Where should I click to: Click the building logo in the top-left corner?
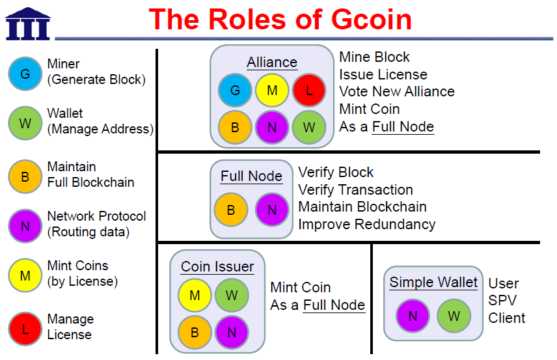27,23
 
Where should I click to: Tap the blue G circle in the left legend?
25,73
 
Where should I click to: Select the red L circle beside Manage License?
25,328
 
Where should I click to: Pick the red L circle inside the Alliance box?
309,90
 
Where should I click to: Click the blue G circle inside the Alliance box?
235,90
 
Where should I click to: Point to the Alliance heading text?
272,62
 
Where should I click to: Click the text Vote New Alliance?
397,92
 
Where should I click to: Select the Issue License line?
383,75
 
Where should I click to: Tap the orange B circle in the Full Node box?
231,210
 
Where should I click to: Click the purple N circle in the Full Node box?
272,210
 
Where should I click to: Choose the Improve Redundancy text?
366,225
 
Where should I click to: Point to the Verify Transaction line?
355,190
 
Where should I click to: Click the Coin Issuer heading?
217,267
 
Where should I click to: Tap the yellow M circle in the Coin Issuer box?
195,296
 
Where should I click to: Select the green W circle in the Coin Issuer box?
232,296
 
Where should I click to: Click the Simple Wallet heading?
433,283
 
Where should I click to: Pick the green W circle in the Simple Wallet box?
454,316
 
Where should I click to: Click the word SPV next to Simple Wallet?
503,301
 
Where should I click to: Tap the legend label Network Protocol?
96,216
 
